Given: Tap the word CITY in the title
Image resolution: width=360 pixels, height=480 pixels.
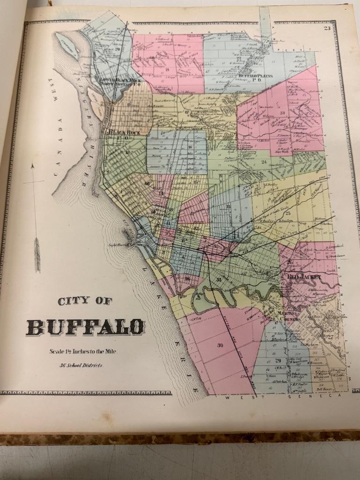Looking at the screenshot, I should point(73,302).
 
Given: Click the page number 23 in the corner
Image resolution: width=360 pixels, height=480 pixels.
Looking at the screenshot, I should point(326,29).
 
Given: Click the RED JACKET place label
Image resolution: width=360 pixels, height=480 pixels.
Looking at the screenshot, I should point(305,277).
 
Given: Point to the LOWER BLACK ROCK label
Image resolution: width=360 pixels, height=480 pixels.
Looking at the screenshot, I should point(121,81).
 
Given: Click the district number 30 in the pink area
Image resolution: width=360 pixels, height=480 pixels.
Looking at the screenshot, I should point(220,345).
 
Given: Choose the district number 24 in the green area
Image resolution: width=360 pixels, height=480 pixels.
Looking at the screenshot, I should point(264,162).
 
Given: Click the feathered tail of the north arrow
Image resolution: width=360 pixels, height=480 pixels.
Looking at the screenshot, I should point(37,253).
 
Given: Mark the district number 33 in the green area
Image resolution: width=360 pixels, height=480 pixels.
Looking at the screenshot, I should point(219,280).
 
